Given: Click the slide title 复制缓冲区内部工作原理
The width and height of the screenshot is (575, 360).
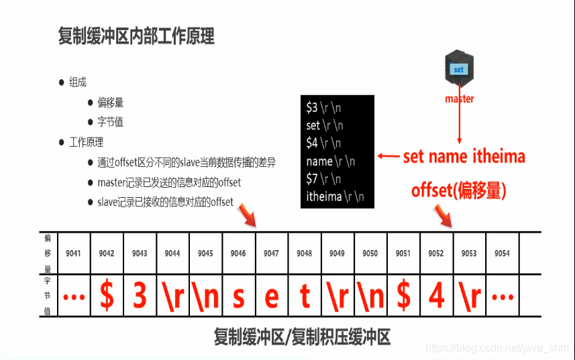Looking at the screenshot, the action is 136,36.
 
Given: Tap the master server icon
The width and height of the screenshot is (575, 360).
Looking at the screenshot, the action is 459,68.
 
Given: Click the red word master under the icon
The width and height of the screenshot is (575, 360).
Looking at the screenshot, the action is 459,99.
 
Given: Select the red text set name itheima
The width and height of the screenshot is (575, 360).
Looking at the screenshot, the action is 464,156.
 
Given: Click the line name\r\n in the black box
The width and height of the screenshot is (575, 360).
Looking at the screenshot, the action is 331,161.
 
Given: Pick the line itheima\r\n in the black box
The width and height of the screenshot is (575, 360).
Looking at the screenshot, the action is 335,197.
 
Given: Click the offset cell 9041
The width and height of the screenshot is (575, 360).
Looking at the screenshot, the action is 74,253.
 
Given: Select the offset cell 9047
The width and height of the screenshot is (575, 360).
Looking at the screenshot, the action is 271,253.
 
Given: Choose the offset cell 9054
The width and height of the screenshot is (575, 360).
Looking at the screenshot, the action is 502,253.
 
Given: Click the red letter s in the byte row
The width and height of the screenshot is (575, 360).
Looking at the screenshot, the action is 238,296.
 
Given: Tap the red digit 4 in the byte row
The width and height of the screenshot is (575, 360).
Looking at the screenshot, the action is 436,296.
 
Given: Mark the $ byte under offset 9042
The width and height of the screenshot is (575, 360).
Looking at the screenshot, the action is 107,296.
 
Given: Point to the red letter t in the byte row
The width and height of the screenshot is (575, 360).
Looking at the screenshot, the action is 305,296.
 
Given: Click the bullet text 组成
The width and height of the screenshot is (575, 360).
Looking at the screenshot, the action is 78,82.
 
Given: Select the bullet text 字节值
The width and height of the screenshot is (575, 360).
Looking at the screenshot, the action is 111,123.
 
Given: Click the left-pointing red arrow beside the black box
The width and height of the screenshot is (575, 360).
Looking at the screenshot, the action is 387,156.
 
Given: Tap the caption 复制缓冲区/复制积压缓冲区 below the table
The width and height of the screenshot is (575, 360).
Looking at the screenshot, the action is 301,336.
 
